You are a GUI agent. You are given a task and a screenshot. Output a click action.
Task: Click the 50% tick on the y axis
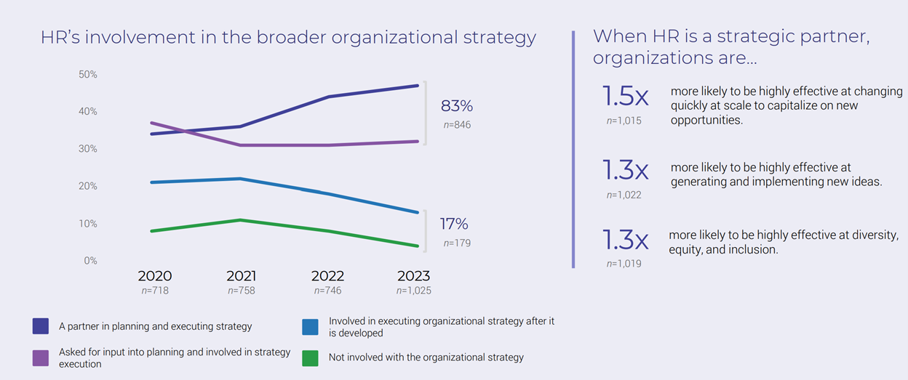click(87, 75)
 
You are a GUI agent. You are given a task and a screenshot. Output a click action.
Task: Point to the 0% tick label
click(89, 260)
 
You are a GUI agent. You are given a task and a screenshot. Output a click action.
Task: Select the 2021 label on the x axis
click(241, 276)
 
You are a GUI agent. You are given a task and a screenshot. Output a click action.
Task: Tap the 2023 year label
click(413, 276)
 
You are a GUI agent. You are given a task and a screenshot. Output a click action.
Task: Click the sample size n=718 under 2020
click(155, 291)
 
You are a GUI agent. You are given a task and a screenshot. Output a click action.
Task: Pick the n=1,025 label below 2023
click(413, 291)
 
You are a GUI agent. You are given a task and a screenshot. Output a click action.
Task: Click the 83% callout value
click(457, 106)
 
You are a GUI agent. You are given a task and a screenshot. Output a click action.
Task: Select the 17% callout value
click(454, 224)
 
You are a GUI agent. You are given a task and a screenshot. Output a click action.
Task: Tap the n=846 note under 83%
click(457, 125)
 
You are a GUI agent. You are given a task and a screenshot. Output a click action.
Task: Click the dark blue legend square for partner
click(41, 326)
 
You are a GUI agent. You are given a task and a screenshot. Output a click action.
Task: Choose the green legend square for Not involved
click(311, 357)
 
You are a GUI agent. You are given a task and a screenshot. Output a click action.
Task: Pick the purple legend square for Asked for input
click(41, 357)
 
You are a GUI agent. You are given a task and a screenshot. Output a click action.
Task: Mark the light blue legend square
click(311, 326)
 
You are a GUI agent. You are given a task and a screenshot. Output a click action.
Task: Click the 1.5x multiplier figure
click(625, 97)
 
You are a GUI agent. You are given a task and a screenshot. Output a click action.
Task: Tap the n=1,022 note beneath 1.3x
click(624, 195)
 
